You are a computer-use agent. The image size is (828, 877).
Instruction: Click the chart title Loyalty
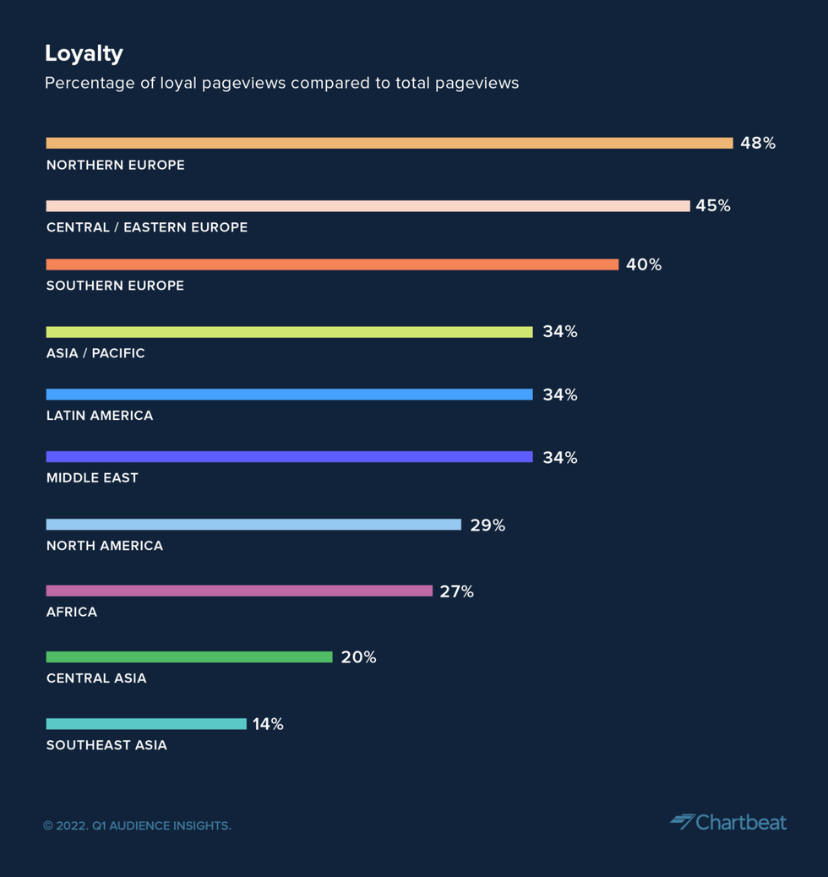pos(84,53)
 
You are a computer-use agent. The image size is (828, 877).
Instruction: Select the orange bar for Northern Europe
pos(389,143)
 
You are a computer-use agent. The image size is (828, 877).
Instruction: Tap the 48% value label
pos(757,143)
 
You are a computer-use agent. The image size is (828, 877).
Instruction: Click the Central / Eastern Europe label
pos(147,227)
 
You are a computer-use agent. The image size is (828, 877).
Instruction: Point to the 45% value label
pos(712,205)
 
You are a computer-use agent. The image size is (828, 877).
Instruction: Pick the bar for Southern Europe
pos(332,264)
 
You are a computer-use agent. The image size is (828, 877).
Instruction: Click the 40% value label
pos(643,264)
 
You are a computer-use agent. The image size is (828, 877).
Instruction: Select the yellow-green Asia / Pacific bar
pos(289,332)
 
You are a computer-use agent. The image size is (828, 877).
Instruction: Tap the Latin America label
pos(100,416)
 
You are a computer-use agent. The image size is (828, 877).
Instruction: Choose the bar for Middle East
pos(289,457)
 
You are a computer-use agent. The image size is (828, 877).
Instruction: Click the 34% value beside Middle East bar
pos(559,457)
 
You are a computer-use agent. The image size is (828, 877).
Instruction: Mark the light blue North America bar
pos(253,525)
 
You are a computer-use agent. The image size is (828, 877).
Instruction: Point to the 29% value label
pos(487,525)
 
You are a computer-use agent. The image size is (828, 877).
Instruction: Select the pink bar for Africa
pos(239,591)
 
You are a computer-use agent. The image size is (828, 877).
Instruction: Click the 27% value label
pos(456,591)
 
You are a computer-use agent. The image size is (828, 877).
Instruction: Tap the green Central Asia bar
pos(189,656)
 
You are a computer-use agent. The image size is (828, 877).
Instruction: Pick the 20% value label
pos(358,656)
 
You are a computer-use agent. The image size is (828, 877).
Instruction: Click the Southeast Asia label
pos(106,745)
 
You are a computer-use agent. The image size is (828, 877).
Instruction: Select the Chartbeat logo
pos(728,822)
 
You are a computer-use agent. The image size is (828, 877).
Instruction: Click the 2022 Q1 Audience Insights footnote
pos(137,825)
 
